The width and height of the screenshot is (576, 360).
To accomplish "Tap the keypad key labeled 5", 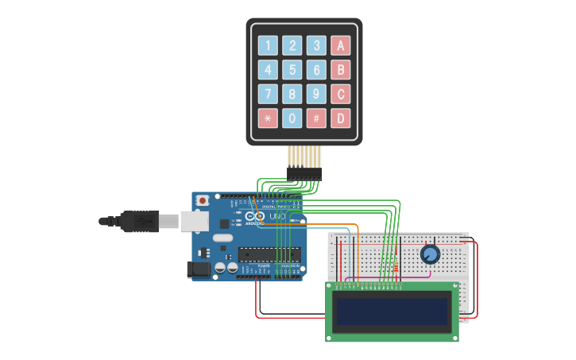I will point(292,70).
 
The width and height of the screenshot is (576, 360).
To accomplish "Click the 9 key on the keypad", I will point(317,95).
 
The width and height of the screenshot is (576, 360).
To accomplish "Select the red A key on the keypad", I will point(341,45).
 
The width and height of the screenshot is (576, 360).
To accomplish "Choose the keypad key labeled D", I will point(341,118).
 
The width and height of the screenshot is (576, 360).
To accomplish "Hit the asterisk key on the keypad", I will point(268,118).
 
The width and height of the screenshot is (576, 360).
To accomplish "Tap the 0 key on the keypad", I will point(292,118).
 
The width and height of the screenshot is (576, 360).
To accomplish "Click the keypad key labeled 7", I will point(268,95).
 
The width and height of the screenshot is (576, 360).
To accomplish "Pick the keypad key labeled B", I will point(341,70).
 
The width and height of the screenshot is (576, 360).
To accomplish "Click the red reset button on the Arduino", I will point(203,199).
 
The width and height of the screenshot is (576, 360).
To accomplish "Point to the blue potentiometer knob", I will point(430,254).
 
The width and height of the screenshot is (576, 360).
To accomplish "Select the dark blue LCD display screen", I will point(392,312).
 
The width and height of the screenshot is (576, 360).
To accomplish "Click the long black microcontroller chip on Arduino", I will point(269,255).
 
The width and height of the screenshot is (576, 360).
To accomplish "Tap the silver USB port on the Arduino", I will point(195,221).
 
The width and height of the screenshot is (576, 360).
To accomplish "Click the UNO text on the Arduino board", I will point(278,216).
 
